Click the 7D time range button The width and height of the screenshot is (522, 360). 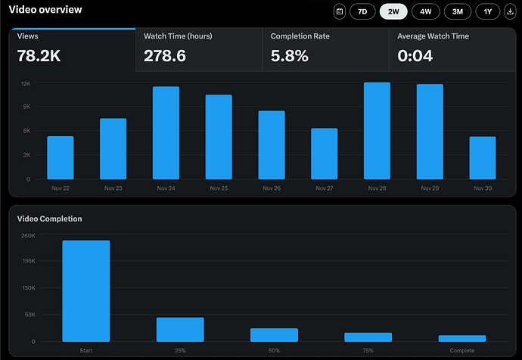362,11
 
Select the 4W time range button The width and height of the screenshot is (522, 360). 425,11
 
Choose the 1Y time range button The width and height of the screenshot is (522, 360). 487,11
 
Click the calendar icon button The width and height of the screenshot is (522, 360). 340,11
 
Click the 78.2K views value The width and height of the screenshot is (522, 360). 39,55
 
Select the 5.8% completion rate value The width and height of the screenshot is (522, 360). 290,55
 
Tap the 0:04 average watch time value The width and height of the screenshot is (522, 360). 415,55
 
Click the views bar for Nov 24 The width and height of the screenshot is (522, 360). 166,132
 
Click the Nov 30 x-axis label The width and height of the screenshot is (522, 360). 482,188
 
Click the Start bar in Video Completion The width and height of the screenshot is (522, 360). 86,290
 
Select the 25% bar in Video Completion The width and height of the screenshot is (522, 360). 180,329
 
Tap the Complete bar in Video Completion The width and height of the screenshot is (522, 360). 462,338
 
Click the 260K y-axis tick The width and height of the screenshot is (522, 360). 27,235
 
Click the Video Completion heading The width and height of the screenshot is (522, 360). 50,219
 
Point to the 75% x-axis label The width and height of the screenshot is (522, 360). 368,351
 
